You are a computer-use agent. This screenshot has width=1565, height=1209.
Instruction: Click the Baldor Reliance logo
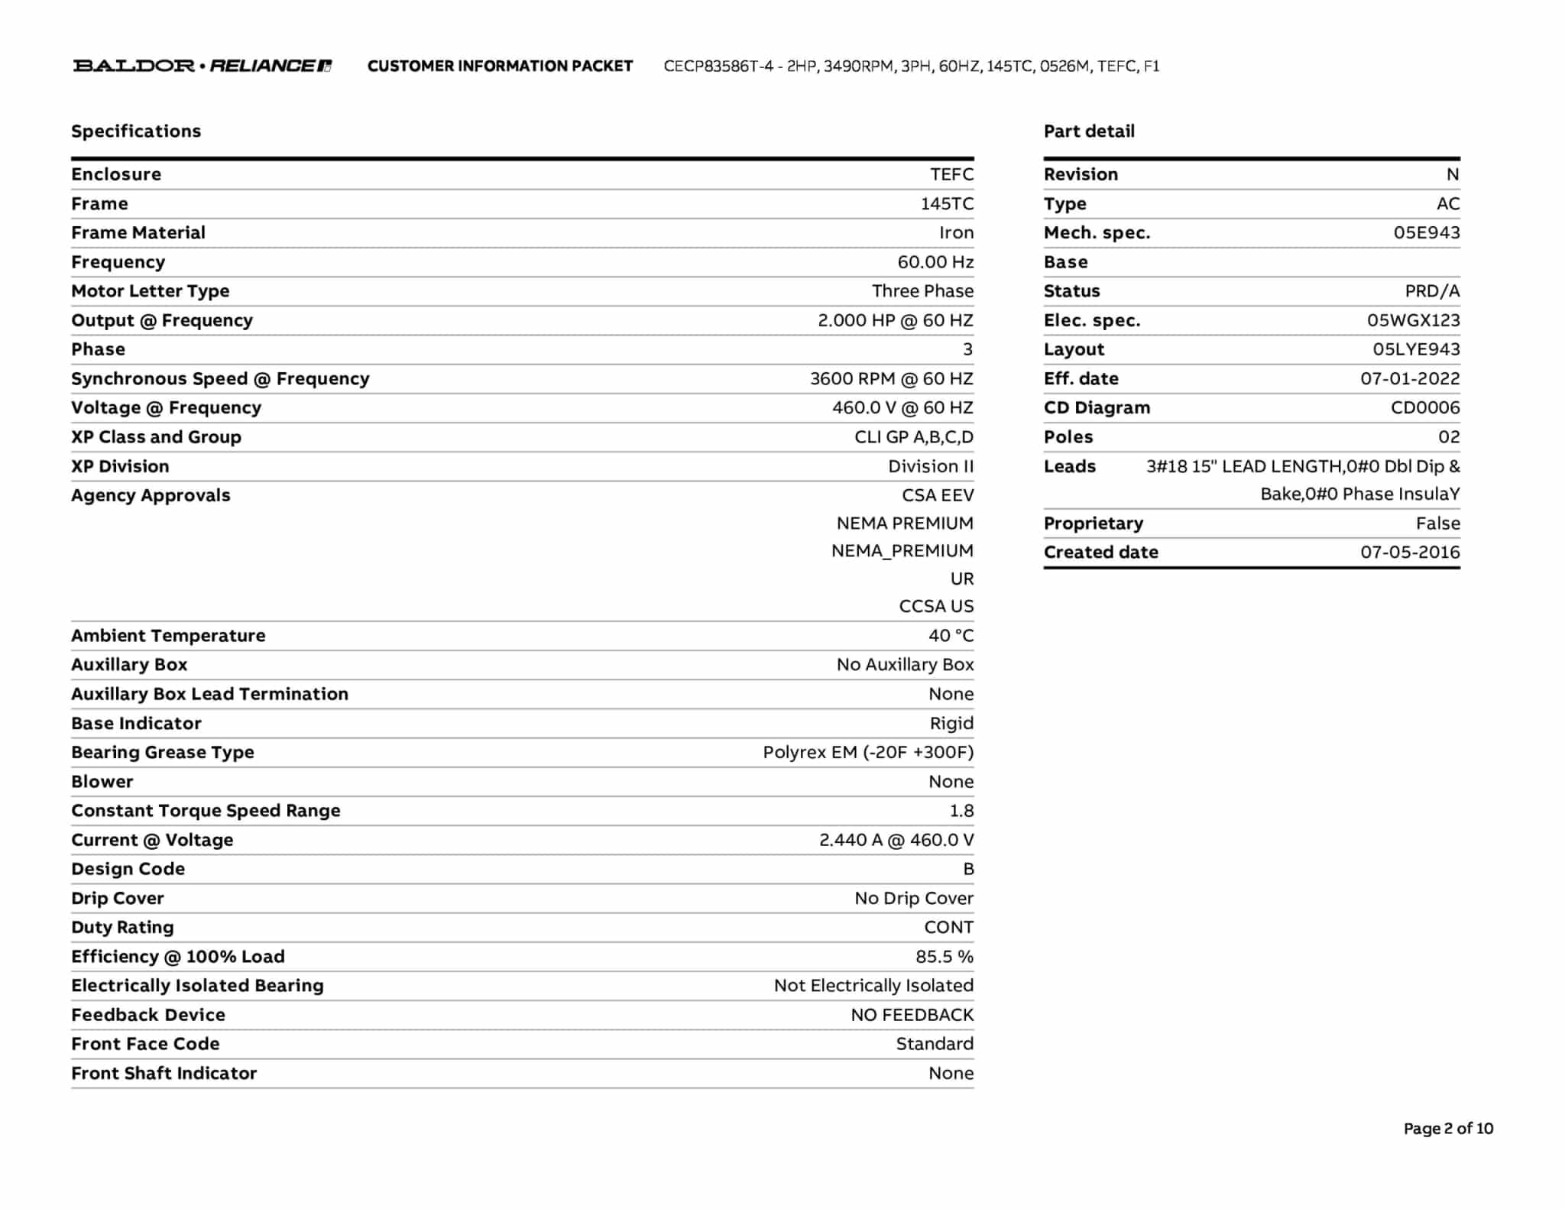[203, 66]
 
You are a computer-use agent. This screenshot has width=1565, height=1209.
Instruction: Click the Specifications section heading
[136, 131]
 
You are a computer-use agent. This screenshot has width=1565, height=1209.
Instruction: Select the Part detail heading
[1089, 131]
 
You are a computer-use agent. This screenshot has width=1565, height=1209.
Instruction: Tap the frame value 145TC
[947, 204]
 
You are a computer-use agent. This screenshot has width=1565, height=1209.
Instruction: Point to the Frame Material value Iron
[956, 233]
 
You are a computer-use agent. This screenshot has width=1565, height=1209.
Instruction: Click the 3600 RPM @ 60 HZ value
[892, 379]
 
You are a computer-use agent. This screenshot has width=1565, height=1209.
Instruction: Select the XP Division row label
[120, 466]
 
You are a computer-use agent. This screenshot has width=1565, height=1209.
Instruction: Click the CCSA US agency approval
[936, 607]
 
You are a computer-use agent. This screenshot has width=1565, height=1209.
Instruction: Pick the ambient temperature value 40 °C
[951, 636]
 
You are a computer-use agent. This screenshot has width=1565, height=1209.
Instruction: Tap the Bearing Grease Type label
[163, 753]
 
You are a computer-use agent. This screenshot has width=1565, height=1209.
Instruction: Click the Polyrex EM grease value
[868, 753]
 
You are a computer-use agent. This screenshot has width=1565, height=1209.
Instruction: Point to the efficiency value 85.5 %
[945, 957]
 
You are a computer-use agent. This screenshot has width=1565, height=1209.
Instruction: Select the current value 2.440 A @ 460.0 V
[896, 841]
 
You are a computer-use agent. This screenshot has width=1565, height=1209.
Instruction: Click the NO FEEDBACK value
[912, 1015]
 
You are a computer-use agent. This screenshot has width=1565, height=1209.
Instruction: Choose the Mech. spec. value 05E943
[1426, 233]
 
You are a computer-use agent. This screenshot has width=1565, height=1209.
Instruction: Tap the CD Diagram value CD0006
[1425, 408]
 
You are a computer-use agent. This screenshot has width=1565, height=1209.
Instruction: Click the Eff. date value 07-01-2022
[1410, 379]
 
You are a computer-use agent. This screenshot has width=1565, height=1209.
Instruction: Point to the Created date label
[1100, 553]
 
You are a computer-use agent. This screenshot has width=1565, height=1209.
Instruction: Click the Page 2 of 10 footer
[1448, 1129]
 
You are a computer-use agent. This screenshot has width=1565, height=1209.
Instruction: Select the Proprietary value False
[1437, 523]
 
